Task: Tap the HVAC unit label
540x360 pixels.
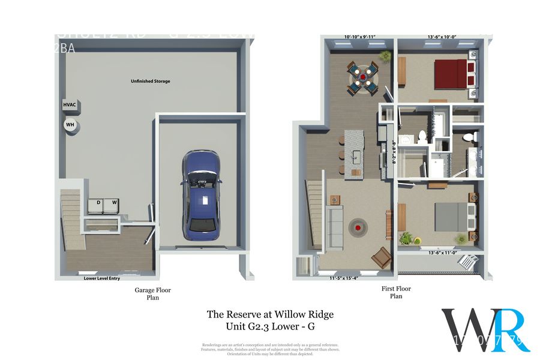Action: pyautogui.click(x=70, y=105)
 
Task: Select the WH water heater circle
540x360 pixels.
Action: pyautogui.click(x=70, y=125)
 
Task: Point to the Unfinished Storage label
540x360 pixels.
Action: pyautogui.click(x=151, y=81)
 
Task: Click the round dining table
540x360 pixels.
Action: pyautogui.click(x=362, y=76)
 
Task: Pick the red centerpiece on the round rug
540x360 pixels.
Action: pyautogui.click(x=359, y=227)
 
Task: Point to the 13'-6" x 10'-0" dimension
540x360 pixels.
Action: pyautogui.click(x=443, y=37)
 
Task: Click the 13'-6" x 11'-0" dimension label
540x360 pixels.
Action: pyautogui.click(x=443, y=253)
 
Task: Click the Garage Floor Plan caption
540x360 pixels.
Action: pyautogui.click(x=152, y=293)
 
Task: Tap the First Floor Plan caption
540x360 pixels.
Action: pyautogui.click(x=396, y=292)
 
